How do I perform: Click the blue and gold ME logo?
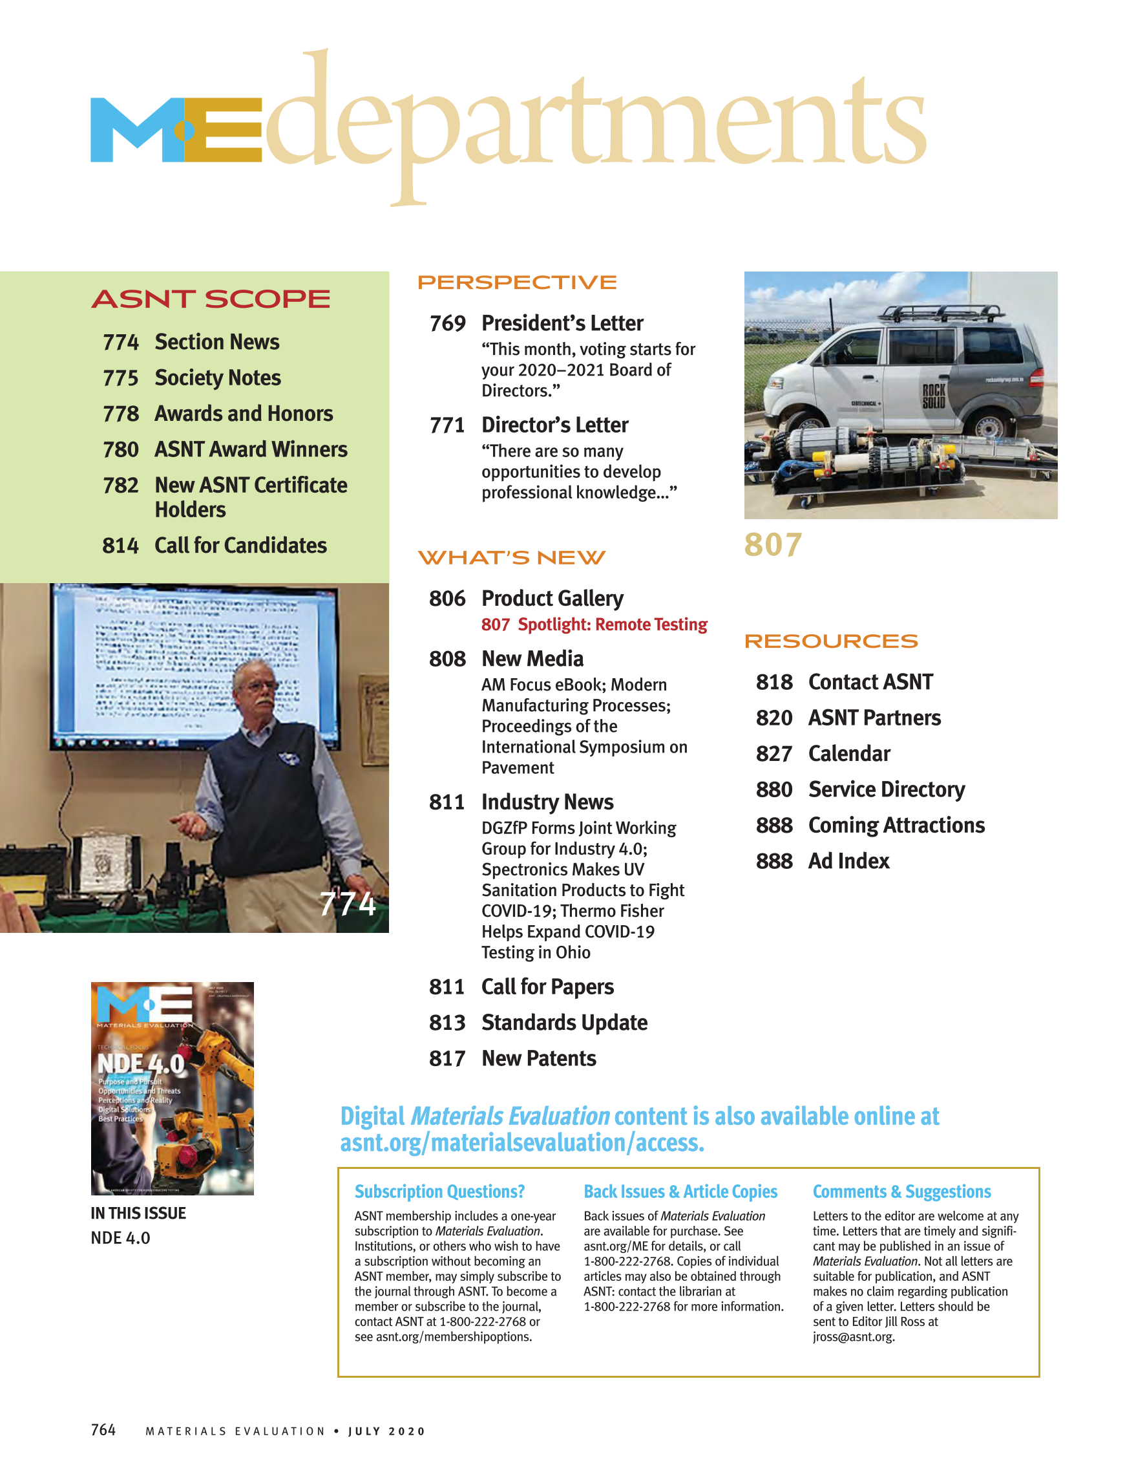click(176, 130)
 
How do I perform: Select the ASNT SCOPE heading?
click(211, 299)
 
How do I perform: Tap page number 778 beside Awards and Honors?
click(120, 414)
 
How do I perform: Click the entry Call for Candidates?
click(240, 546)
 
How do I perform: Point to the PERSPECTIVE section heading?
click(517, 283)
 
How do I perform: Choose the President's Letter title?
click(562, 323)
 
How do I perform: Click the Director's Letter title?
click(554, 425)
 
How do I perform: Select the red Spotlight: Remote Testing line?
click(594, 625)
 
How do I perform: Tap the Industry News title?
click(547, 802)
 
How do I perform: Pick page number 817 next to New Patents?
click(447, 1058)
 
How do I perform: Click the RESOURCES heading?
click(831, 641)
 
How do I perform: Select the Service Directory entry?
click(886, 789)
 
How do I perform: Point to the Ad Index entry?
click(848, 861)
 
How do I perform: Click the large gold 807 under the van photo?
click(773, 545)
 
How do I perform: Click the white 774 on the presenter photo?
click(347, 904)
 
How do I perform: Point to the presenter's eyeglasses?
click(260, 685)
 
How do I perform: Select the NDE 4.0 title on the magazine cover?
click(140, 1064)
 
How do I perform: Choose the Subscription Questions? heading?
click(439, 1192)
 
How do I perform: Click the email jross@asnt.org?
click(853, 1337)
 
